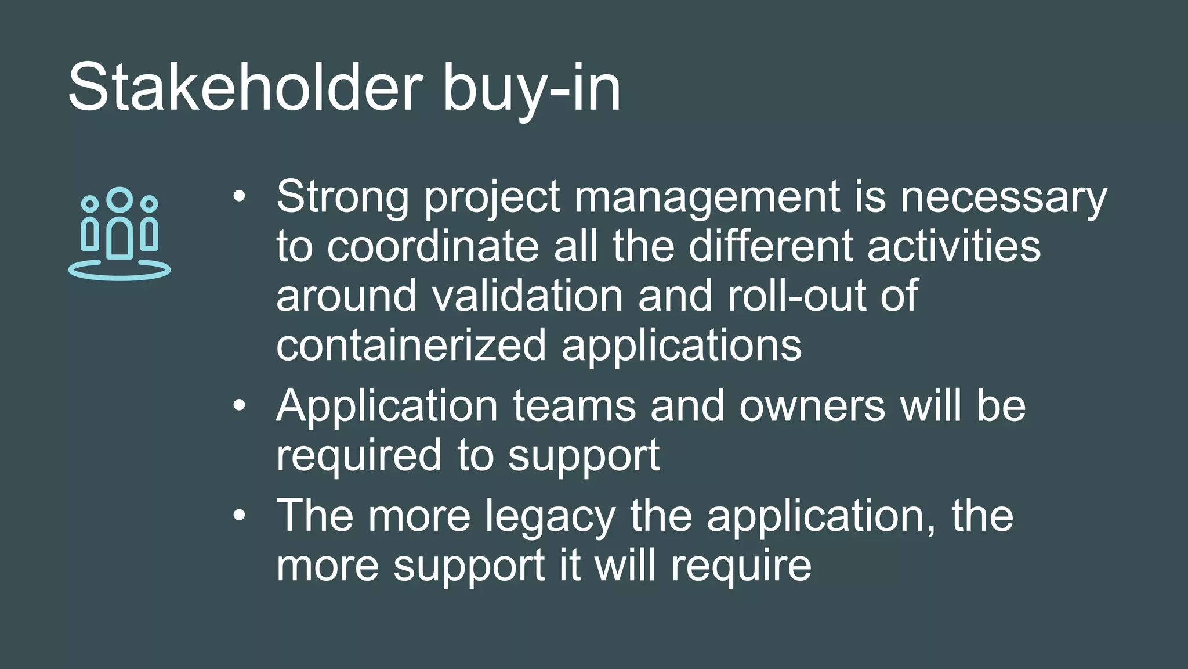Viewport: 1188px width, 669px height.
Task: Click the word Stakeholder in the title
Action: tap(244, 88)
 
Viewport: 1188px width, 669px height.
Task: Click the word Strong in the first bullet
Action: tap(342, 196)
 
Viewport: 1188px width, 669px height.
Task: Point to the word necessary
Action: tap(1004, 197)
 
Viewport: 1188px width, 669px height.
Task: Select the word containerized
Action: tap(411, 345)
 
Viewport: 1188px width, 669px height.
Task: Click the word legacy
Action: tap(550, 517)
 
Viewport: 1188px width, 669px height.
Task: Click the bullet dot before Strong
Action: tap(240, 197)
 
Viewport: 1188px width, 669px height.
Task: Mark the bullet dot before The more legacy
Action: tap(240, 516)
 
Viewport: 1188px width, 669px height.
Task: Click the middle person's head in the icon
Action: tap(119, 199)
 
